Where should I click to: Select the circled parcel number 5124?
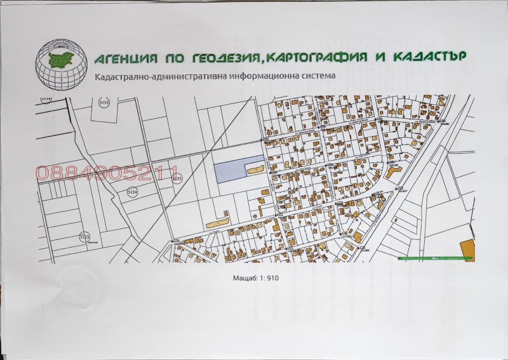tap(133, 192)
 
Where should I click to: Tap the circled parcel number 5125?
tap(177, 179)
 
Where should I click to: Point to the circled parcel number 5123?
tap(84, 237)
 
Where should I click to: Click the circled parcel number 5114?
tap(45, 99)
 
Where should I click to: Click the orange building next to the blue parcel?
tap(257, 170)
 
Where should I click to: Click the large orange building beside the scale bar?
tap(467, 250)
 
